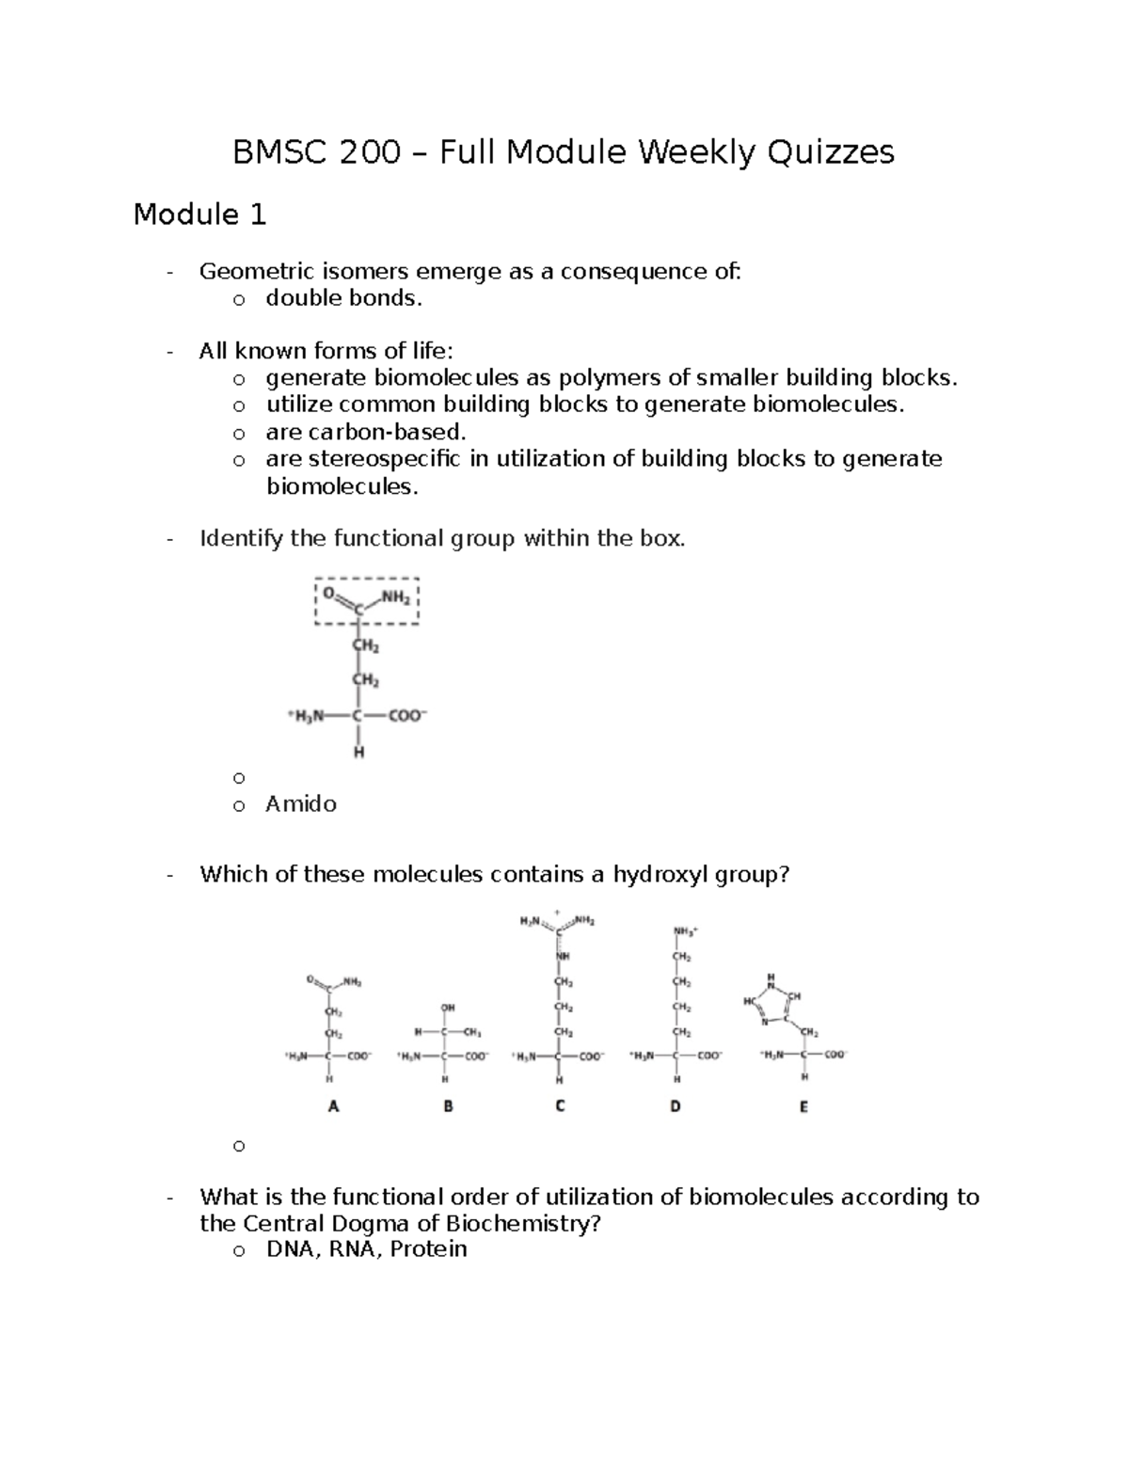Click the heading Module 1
click(199, 215)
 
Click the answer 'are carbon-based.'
click(366, 432)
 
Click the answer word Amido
click(301, 803)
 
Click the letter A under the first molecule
click(332, 1107)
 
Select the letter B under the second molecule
click(448, 1107)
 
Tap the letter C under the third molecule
click(560, 1107)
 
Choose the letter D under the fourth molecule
click(675, 1107)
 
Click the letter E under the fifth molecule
click(803, 1107)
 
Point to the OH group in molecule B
click(448, 1008)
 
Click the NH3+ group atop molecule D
click(684, 931)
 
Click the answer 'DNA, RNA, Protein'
click(366, 1249)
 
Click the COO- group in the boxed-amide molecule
click(407, 716)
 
